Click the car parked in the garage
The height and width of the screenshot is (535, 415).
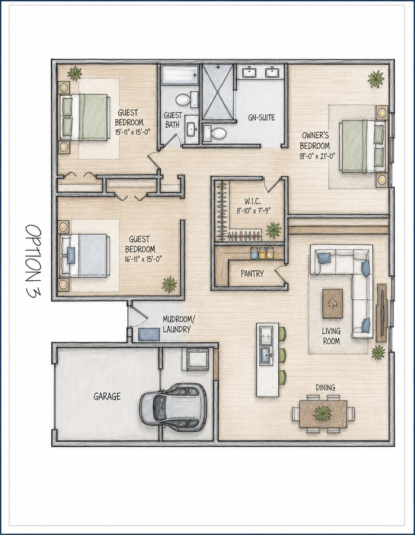click(173, 406)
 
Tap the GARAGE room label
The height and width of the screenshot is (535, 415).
click(107, 397)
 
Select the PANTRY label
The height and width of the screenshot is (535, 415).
click(252, 274)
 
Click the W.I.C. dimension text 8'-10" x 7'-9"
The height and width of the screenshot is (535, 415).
click(254, 211)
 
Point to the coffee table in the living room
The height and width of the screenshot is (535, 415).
click(333, 303)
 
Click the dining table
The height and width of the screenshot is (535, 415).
click(323, 414)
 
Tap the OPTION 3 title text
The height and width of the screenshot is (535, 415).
click(34, 261)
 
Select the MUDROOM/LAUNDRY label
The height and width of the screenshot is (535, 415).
click(179, 325)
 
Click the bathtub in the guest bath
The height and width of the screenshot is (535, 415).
click(180, 75)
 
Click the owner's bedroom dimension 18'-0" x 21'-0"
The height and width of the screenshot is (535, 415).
click(318, 156)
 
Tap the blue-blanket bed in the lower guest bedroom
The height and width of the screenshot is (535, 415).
click(85, 255)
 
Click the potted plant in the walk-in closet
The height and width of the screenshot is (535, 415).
click(273, 230)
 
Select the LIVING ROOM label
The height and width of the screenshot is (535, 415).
click(331, 336)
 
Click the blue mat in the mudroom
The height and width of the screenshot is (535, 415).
click(149, 334)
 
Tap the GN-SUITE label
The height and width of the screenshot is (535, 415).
click(262, 118)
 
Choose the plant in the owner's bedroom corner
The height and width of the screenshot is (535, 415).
click(376, 79)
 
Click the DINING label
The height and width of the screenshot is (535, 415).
click(325, 387)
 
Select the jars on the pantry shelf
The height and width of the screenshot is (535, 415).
click(262, 253)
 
